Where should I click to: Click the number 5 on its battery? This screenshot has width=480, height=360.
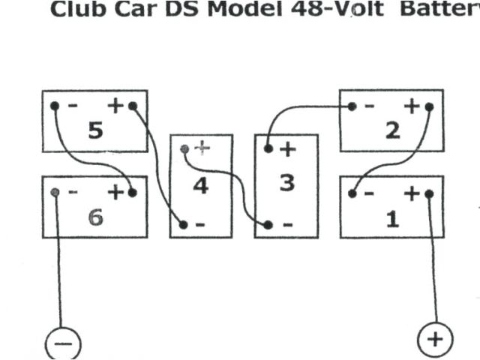[95, 131]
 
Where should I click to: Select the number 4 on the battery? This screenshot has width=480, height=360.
[200, 184]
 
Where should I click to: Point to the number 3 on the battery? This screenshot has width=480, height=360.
[286, 183]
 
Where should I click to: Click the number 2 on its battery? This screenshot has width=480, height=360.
[392, 130]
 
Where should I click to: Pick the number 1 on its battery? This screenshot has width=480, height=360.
[392, 219]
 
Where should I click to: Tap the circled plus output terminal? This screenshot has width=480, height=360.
[435, 340]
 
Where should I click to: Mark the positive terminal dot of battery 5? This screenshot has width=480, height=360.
[133, 106]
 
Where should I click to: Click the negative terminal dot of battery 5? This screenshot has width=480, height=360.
[55, 106]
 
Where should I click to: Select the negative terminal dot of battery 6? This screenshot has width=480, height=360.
[55, 193]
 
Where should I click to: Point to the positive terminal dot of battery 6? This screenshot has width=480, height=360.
[133, 193]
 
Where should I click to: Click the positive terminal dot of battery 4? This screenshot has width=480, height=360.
[185, 148]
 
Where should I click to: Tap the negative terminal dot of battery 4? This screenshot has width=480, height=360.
[184, 224]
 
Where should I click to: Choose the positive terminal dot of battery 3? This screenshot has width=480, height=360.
[268, 148]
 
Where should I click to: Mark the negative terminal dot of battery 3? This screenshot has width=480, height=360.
[268, 224]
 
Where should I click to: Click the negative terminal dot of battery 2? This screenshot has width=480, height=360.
[352, 106]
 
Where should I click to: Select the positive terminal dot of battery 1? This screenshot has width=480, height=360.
[429, 193]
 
